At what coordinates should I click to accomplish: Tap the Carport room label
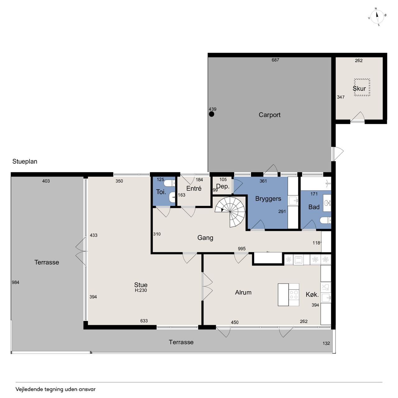(x=269, y=115)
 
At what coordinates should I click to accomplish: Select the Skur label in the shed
(x=359, y=89)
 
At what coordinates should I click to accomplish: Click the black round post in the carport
(x=211, y=114)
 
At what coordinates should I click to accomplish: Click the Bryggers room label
(x=268, y=199)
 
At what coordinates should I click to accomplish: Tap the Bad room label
(x=314, y=207)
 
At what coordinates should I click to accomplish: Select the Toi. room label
(x=161, y=192)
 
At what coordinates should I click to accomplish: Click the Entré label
(x=194, y=188)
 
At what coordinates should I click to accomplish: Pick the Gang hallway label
(x=205, y=238)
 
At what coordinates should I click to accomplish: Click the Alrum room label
(x=243, y=293)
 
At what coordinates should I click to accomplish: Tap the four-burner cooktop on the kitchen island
(x=294, y=295)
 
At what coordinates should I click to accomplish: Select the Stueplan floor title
(x=25, y=161)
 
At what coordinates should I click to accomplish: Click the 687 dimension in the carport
(x=275, y=60)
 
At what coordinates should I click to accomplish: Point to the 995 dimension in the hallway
(x=242, y=249)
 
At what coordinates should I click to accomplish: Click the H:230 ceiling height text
(x=141, y=290)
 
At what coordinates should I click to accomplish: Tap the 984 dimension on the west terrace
(x=16, y=282)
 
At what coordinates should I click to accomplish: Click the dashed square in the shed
(x=362, y=87)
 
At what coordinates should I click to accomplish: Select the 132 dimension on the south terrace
(x=326, y=343)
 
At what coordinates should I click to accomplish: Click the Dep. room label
(x=223, y=187)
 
